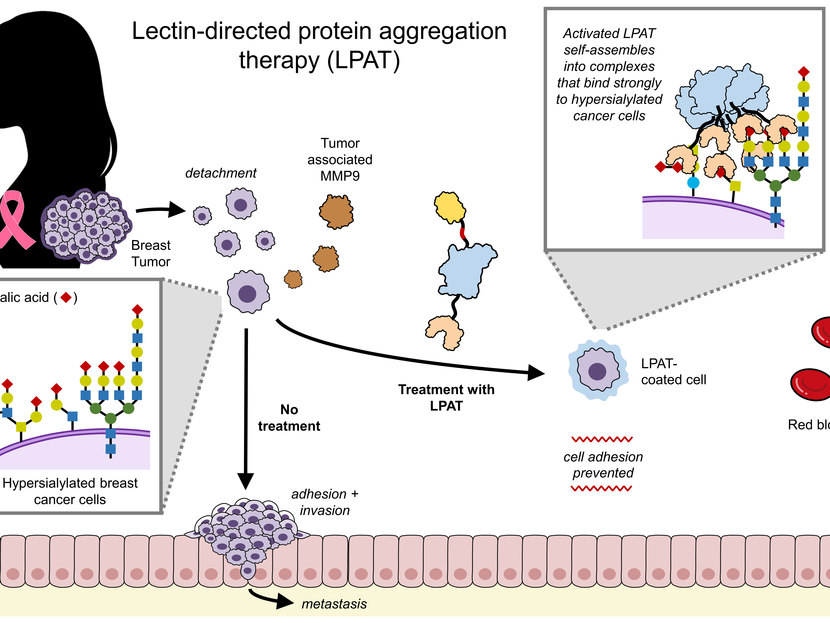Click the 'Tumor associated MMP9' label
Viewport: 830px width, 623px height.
[340, 160]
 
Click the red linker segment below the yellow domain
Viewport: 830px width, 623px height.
[463, 233]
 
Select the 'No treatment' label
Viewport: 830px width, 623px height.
[289, 418]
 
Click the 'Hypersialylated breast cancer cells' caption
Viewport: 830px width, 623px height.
[70, 491]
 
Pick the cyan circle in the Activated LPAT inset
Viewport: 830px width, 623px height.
[693, 182]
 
